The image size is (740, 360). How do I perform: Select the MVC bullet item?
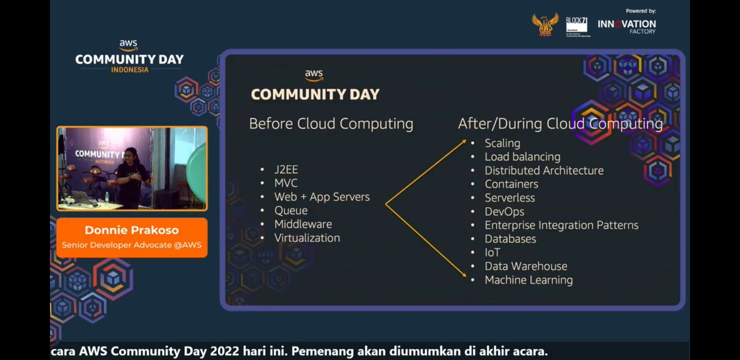click(x=286, y=184)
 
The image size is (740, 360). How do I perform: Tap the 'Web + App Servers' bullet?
click(x=322, y=197)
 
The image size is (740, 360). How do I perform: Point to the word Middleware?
click(x=303, y=224)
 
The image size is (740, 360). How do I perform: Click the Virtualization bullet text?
click(x=307, y=238)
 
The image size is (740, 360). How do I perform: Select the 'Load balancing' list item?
click(x=522, y=157)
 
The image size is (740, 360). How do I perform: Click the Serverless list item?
click(x=509, y=198)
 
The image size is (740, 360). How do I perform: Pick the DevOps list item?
click(x=504, y=211)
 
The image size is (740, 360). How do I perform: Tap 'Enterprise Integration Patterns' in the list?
click(x=561, y=225)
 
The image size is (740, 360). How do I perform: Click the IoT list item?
click(x=492, y=253)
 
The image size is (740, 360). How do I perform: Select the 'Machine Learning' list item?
click(x=528, y=280)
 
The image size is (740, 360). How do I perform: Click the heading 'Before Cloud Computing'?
click(x=331, y=124)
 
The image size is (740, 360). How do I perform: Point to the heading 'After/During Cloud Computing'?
click(x=560, y=124)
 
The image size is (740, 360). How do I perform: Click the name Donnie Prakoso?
click(x=131, y=231)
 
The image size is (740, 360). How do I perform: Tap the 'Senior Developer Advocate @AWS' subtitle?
click(x=131, y=245)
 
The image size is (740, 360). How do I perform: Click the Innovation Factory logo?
click(x=627, y=27)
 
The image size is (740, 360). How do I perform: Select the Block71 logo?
click(x=577, y=27)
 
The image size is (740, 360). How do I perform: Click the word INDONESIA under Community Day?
click(x=129, y=70)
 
